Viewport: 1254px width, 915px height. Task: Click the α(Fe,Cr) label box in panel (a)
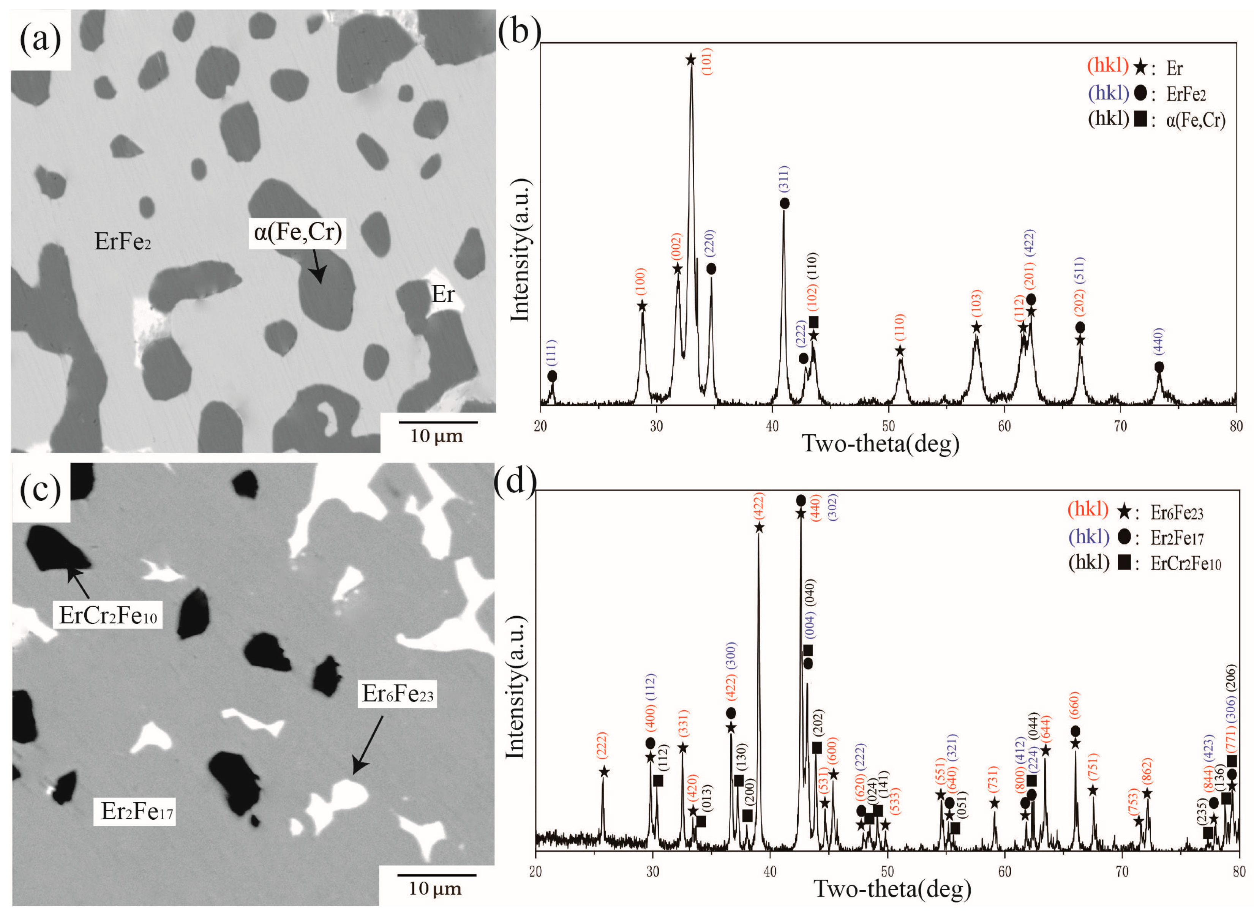[297, 233]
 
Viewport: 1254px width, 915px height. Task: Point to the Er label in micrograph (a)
[442, 295]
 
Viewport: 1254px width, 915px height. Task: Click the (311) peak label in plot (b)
[784, 179]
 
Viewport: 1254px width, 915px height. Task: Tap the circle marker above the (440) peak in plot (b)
[1159, 367]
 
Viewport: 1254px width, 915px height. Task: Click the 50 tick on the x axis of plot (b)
[888, 426]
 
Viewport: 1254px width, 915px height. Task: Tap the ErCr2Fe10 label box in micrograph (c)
[108, 615]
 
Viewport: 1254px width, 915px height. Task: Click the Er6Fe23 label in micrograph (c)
[397, 694]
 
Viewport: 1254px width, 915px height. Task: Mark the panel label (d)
[515, 482]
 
